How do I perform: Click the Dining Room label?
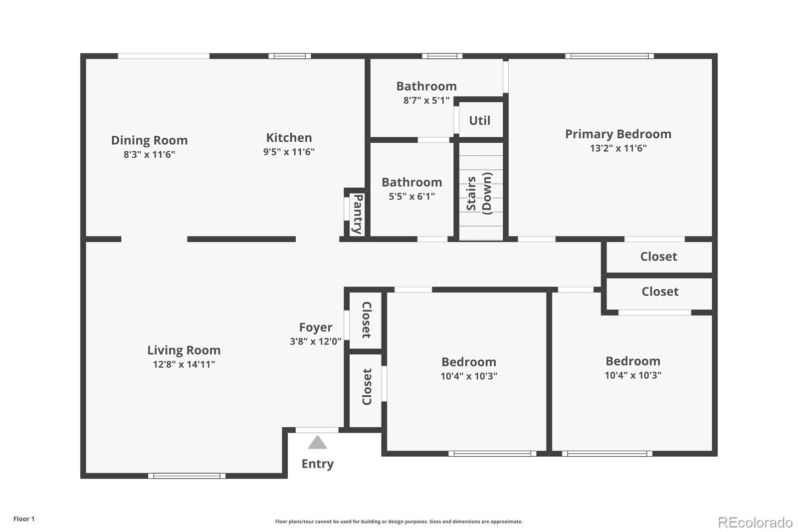click(149, 140)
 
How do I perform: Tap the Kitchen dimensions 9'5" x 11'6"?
click(289, 152)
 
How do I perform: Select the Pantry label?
click(357, 214)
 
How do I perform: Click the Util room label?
click(479, 120)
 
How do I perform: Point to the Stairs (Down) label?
click(479, 194)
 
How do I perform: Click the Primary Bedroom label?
click(618, 134)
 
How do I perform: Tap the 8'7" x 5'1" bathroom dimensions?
click(426, 100)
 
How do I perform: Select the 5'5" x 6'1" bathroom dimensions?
click(411, 197)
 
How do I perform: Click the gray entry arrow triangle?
click(317, 443)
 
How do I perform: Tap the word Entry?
click(317, 464)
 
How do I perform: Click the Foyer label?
click(315, 327)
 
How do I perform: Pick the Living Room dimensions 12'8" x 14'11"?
click(184, 364)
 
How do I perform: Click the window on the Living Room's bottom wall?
click(187, 476)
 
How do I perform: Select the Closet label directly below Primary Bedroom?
click(658, 257)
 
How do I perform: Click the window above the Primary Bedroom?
click(609, 56)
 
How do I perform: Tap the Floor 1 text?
click(24, 519)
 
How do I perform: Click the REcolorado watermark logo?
click(755, 522)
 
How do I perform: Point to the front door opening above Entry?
click(317, 430)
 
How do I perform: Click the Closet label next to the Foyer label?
click(367, 320)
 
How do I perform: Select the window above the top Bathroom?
click(442, 56)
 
